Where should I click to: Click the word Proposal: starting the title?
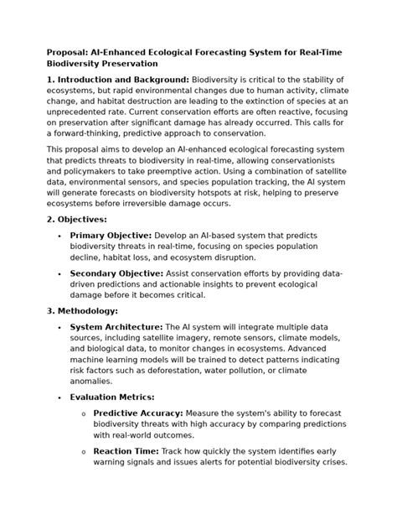point(69,52)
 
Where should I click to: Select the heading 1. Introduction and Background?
point(118,79)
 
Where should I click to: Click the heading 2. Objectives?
point(77,218)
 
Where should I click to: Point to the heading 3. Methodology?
point(82,310)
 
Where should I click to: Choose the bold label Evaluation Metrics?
point(112,397)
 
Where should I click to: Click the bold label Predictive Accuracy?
point(138,413)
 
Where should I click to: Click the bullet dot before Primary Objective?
point(59,236)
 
